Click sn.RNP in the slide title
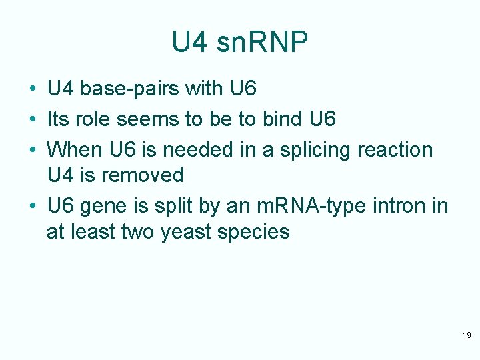(267, 43)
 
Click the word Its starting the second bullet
(58, 119)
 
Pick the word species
(257, 233)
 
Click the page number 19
(467, 335)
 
